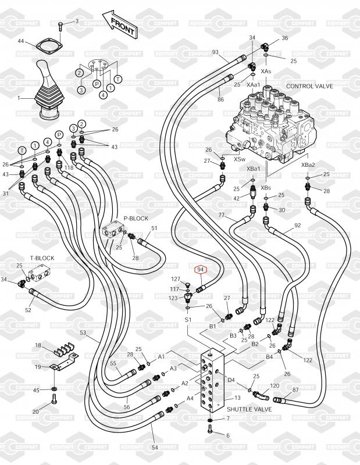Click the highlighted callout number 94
click(x=201, y=269)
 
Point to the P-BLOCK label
click(x=136, y=219)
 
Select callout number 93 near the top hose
click(x=215, y=52)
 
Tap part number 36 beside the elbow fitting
click(x=285, y=38)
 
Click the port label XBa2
click(x=308, y=164)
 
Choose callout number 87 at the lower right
click(x=295, y=390)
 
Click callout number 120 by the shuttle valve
click(x=275, y=385)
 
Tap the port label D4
click(x=231, y=380)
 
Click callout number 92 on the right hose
click(x=297, y=226)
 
